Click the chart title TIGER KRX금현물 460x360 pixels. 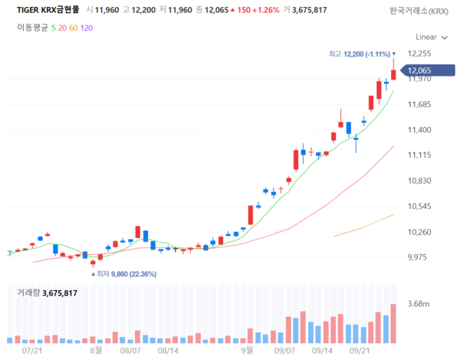click(48, 10)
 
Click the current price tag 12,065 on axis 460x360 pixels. click(420, 70)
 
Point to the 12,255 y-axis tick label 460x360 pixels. click(420, 54)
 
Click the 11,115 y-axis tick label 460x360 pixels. click(420, 155)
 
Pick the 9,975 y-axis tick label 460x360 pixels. click(420, 257)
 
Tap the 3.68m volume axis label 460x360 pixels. click(419, 304)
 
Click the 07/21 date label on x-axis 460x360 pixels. click(33, 349)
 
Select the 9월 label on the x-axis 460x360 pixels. click(247, 349)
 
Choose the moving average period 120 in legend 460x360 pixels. click(86, 27)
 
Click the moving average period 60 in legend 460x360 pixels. click(73, 27)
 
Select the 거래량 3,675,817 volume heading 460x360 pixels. click(48, 293)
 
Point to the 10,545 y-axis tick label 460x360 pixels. click(420, 206)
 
